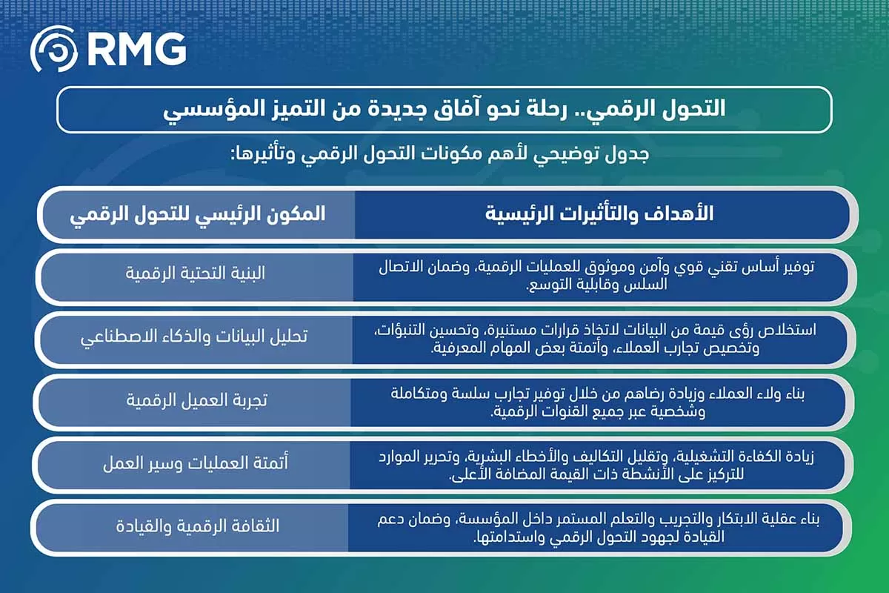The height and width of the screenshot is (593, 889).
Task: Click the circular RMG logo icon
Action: click(x=54, y=50)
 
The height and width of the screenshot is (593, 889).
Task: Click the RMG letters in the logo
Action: click(x=136, y=50)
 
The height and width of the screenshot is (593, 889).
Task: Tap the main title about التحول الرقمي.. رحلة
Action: click(x=444, y=110)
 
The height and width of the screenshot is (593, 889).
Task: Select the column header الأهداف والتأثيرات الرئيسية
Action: click(x=599, y=214)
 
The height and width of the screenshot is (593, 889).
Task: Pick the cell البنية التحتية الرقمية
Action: click(x=195, y=274)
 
